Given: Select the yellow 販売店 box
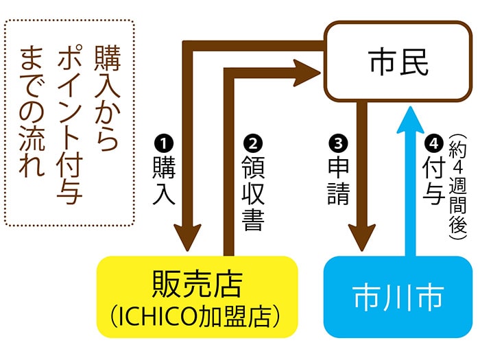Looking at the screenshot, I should (197, 297).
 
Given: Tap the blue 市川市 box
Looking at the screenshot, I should (398, 297).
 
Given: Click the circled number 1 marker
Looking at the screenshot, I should (165, 144).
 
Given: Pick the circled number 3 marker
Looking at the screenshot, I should (337, 144).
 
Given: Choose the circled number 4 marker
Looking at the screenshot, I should (431, 144).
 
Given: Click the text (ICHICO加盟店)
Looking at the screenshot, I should (197, 316).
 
